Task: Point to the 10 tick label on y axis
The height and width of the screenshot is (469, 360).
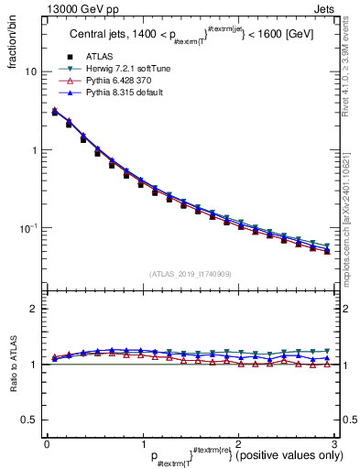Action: [29, 71]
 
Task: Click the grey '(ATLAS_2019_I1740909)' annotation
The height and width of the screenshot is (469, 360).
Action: [191, 274]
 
